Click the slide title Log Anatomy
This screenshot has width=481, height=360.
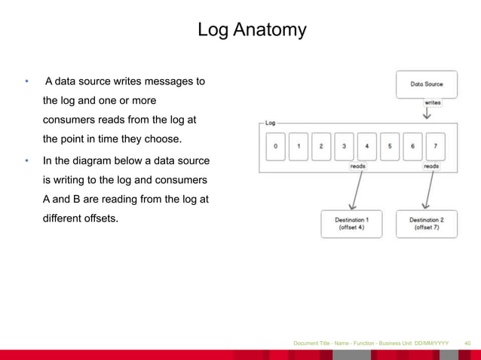click(252, 30)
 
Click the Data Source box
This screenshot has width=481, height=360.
click(426, 84)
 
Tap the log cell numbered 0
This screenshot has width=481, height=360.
click(276, 146)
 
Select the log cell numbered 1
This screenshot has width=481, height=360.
click(299, 146)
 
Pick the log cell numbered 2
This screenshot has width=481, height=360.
click(321, 146)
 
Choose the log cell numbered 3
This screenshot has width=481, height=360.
click(344, 146)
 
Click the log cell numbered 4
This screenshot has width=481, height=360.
click(366, 146)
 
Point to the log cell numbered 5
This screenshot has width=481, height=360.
click(389, 146)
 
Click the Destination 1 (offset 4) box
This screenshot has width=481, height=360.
click(351, 223)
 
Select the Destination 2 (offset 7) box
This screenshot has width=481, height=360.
click(427, 223)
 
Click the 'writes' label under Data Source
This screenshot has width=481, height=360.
click(433, 103)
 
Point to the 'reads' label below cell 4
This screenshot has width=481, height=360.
click(358, 166)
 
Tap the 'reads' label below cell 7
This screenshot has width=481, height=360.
click(431, 166)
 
